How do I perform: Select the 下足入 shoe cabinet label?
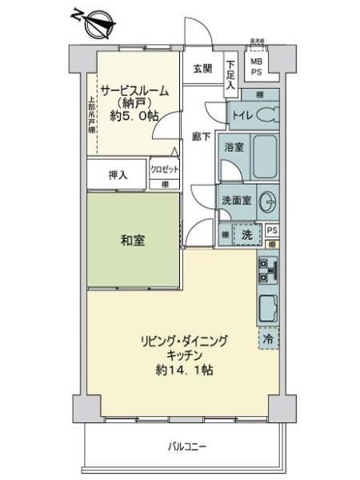pos(230,74)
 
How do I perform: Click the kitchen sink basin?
pos(267,306)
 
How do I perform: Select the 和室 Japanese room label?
pos(134,240)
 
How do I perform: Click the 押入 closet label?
pos(118,174)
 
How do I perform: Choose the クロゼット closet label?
pos(165,170)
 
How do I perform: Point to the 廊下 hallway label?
pos(202,137)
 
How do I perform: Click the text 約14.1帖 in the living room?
pos(185,370)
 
